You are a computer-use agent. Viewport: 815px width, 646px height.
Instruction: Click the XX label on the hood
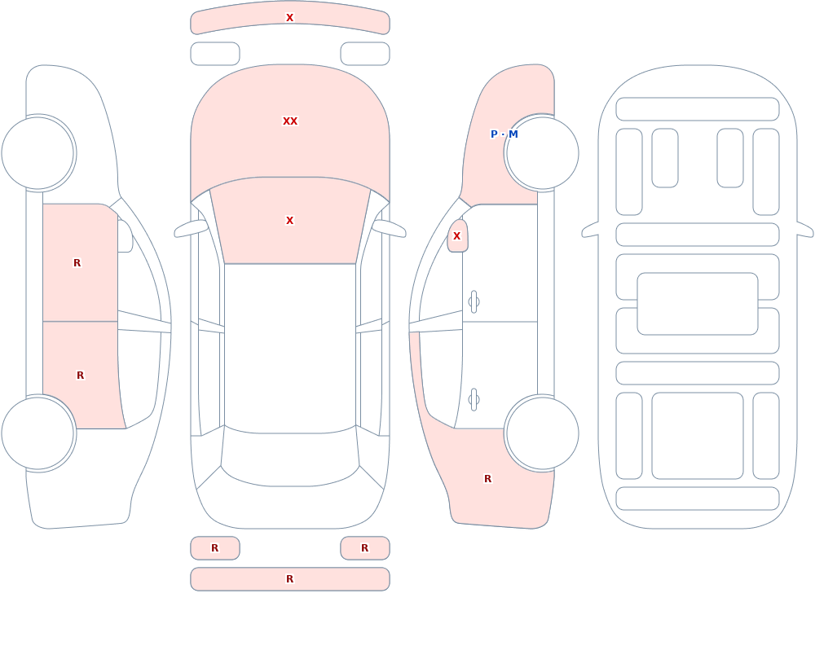pos(290,121)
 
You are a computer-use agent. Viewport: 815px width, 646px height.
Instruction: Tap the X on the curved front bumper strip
pos(290,18)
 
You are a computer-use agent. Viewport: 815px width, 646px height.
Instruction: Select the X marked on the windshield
pos(290,221)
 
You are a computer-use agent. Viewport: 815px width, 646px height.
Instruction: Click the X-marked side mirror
pos(457,236)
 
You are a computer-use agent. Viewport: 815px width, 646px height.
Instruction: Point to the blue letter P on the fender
pos(494,134)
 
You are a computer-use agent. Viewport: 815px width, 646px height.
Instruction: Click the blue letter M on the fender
pos(513,134)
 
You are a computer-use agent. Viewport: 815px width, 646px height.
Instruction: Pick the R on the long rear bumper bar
pos(290,579)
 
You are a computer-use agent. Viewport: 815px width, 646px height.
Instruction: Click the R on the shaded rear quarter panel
pos(487,479)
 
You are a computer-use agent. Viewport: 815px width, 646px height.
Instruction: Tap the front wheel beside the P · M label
pos(542,153)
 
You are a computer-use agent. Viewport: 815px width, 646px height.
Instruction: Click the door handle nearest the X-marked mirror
pos(474,302)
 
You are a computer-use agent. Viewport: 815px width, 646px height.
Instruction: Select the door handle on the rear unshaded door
pos(474,400)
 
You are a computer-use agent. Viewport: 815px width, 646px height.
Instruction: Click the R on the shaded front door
pos(77,263)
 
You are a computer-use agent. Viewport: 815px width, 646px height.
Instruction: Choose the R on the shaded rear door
pos(80,376)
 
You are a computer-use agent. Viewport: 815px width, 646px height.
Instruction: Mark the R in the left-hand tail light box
pos(214,547)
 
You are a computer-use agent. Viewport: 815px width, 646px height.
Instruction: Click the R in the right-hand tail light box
pos(365,547)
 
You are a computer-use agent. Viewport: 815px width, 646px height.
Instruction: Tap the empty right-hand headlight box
pos(365,54)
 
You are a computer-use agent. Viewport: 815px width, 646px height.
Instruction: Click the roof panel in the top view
pos(290,348)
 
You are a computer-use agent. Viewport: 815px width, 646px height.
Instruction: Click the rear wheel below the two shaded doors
pos(37,433)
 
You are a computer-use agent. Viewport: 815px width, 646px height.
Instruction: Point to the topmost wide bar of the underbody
pos(698,109)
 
